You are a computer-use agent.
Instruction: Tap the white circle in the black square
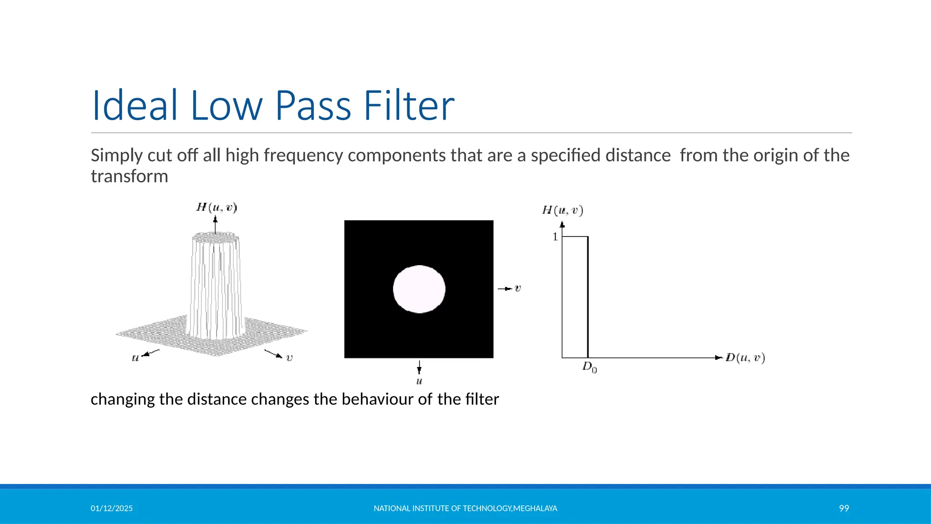pyautogui.click(x=419, y=289)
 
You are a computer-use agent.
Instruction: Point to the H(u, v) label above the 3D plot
pyautogui.click(x=216, y=208)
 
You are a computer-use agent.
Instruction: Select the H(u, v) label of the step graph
pyautogui.click(x=562, y=210)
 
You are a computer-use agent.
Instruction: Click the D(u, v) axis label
pyautogui.click(x=745, y=358)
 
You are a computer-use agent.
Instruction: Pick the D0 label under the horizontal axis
pyautogui.click(x=590, y=367)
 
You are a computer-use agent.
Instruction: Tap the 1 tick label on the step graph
pyautogui.click(x=555, y=237)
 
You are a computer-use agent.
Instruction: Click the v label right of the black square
pyautogui.click(x=517, y=288)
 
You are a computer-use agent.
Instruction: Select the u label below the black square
pyautogui.click(x=419, y=381)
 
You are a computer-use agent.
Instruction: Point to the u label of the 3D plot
pyautogui.click(x=135, y=358)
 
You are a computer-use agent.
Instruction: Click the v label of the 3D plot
pyautogui.click(x=289, y=358)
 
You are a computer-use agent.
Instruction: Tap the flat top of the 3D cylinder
pyautogui.click(x=215, y=237)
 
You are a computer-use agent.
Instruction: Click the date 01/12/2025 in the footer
pyautogui.click(x=111, y=509)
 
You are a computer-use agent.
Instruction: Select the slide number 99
pyautogui.click(x=844, y=509)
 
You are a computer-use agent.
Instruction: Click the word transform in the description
pyautogui.click(x=129, y=176)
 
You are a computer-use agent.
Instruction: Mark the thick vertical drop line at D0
pyautogui.click(x=588, y=296)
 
